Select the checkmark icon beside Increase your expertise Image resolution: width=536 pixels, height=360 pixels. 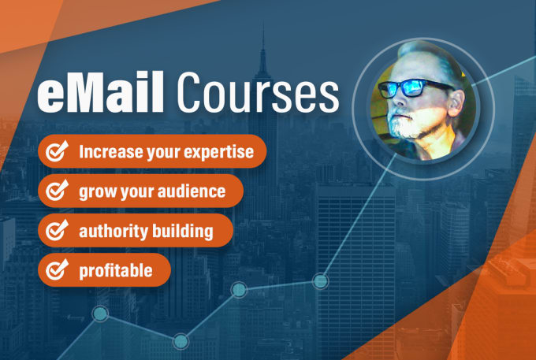57,151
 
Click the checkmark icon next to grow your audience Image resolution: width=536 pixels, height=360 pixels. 57,191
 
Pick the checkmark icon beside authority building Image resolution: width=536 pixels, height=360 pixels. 57,230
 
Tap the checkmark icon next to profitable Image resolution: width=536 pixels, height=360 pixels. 57,269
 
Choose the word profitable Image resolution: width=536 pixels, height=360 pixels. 116,271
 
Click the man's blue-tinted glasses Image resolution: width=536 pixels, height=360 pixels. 415,88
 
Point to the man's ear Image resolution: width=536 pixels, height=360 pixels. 456,102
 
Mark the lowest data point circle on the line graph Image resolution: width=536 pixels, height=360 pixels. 181,341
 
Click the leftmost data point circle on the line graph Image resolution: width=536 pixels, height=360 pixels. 100,314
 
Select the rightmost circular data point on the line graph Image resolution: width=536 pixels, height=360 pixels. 320,281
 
